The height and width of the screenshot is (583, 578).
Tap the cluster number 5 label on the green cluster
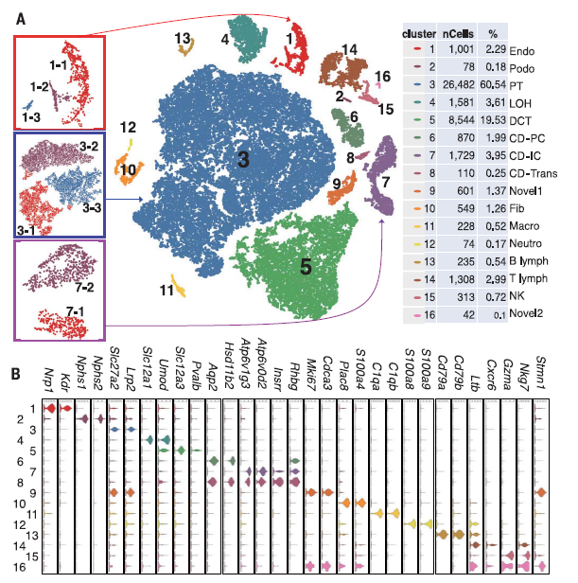coord(306,267)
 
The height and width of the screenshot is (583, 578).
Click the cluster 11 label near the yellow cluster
coord(166,290)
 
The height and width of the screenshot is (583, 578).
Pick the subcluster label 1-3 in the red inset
coord(31,115)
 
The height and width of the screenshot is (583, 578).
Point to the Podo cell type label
coord(525,67)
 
